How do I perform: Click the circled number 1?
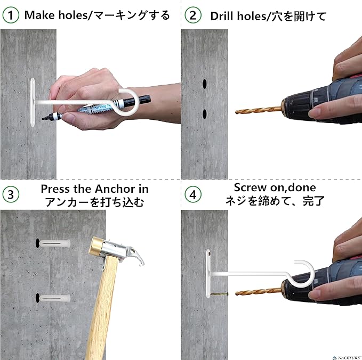click(x=10, y=15)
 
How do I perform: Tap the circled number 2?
click(x=193, y=15)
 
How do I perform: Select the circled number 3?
click(x=11, y=194)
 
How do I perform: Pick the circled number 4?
click(x=193, y=194)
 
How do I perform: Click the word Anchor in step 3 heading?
click(x=115, y=189)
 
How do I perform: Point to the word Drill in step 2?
click(x=222, y=16)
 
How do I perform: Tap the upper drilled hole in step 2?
click(x=205, y=84)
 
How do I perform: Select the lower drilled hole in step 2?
click(x=205, y=114)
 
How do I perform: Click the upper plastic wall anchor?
click(x=55, y=243)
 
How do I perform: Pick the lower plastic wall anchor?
click(x=55, y=298)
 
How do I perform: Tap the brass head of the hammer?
click(x=96, y=245)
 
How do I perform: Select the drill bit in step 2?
click(x=259, y=111)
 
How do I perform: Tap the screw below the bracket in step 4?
click(x=219, y=294)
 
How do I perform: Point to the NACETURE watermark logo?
click(x=347, y=358)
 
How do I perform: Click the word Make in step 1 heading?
click(x=39, y=15)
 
